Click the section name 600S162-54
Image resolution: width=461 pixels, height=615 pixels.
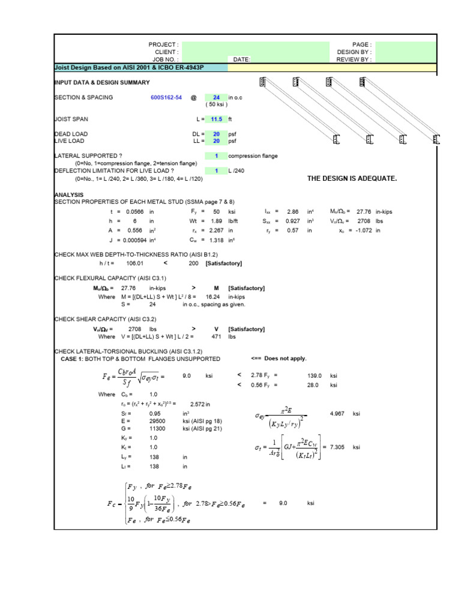click(166, 97)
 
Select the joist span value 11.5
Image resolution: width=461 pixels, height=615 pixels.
click(217, 120)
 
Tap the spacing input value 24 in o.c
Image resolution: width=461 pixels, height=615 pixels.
click(216, 97)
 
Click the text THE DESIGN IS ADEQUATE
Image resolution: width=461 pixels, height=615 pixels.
click(352, 178)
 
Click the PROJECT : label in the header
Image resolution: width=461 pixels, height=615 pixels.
click(163, 45)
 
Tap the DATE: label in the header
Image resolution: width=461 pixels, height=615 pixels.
click(241, 59)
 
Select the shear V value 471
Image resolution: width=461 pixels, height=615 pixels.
click(217, 337)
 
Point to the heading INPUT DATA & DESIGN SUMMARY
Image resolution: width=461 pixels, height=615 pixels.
click(102, 82)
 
